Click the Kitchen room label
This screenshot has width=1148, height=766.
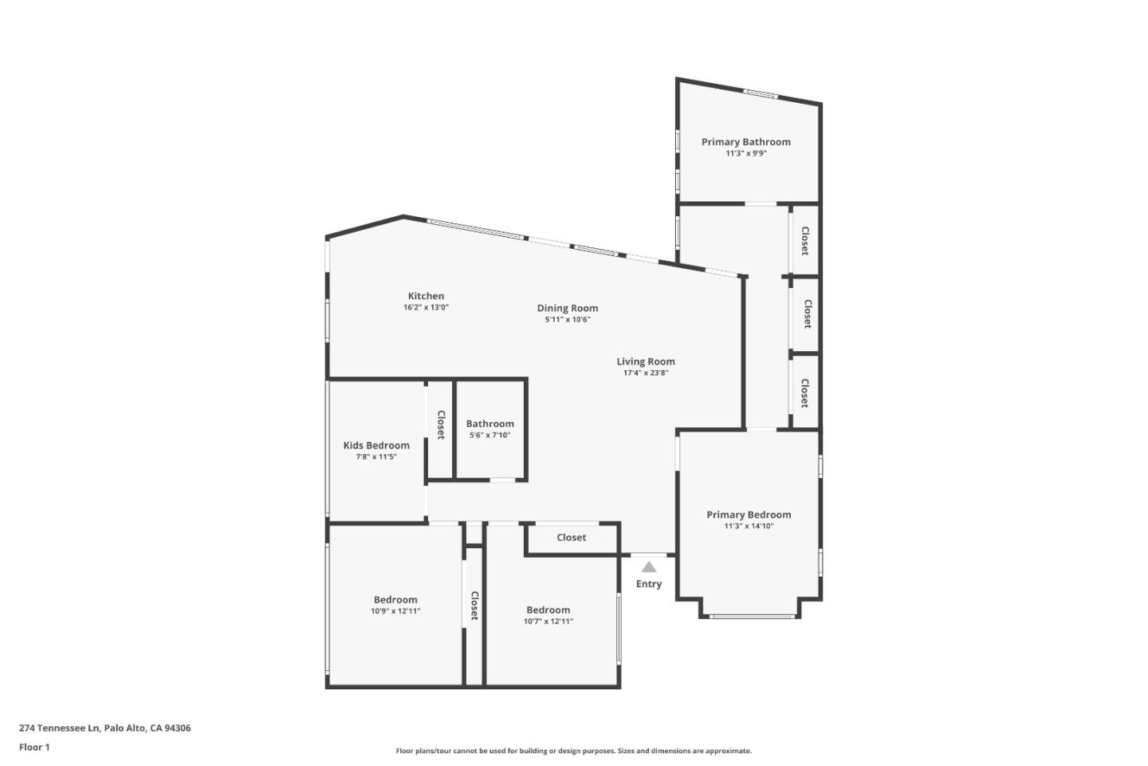tap(426, 296)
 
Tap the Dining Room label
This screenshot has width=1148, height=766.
tap(567, 308)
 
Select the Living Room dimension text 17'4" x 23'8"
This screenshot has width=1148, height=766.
tap(645, 373)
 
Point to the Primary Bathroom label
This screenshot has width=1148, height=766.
tap(745, 142)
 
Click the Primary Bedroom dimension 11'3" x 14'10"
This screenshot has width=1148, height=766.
tap(749, 526)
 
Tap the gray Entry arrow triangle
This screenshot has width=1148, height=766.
tap(649, 567)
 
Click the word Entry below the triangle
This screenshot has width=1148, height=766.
tap(649, 584)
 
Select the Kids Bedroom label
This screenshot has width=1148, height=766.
tap(376, 445)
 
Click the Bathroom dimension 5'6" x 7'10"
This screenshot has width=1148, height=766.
tap(489, 435)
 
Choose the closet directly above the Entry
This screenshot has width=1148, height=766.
tap(571, 538)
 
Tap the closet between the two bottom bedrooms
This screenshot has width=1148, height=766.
tap(474, 606)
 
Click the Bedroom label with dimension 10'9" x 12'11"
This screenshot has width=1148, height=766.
tap(395, 600)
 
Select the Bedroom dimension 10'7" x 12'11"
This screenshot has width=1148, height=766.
tap(548, 622)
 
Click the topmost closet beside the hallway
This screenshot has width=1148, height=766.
tap(805, 241)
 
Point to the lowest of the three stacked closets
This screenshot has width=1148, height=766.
tap(805, 393)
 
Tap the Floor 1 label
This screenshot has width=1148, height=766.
tap(34, 748)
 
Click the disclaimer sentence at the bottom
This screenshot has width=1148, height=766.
tap(573, 751)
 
